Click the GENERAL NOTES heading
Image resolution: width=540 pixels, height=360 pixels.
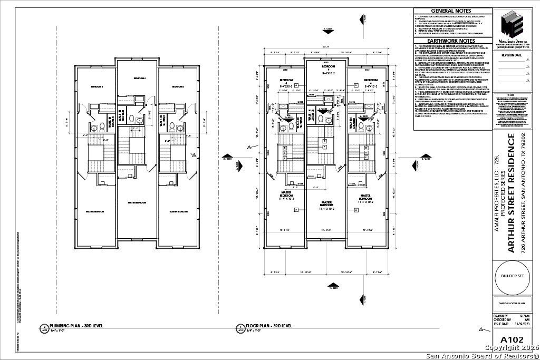[451, 11]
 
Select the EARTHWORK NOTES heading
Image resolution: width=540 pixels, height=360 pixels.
[451, 41]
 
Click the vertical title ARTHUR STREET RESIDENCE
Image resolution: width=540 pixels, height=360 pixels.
[511, 193]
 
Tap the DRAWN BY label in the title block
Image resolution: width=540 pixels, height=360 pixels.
[501, 315]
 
